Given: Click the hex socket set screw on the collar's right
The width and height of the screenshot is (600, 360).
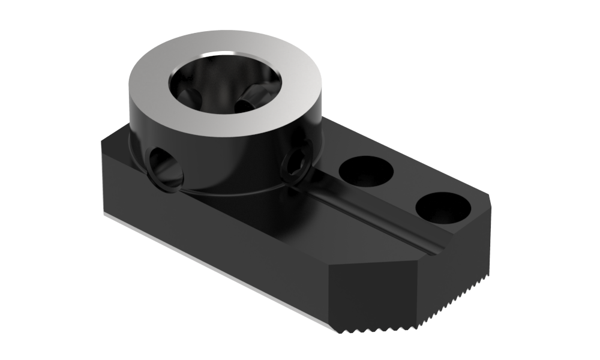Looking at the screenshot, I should pos(297,163).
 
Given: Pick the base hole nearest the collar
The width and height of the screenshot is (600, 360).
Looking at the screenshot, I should pos(365,170).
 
